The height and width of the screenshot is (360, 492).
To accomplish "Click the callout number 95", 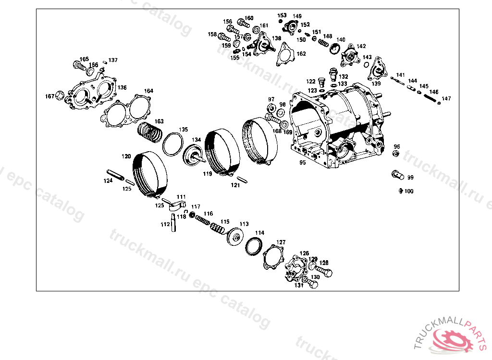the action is click(x=302, y=163).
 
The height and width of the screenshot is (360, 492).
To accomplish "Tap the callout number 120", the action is click(x=126, y=156).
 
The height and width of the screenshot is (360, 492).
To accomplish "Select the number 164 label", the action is click(x=149, y=91).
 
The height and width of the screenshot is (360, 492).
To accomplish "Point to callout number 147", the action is click(x=447, y=98).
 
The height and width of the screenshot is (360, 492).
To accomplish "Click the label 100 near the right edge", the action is click(x=408, y=191).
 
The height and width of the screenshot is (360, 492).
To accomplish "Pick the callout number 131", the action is click(x=299, y=285).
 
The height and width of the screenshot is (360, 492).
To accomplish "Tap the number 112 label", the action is click(x=165, y=224).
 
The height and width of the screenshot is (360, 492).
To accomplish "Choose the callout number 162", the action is click(x=301, y=54).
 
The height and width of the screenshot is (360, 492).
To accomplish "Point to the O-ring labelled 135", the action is click(x=173, y=144).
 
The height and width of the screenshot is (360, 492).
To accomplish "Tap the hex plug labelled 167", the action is click(x=60, y=96).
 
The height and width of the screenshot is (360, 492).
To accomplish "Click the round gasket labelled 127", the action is click(x=275, y=255).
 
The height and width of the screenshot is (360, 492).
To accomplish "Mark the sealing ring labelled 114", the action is click(x=254, y=246).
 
